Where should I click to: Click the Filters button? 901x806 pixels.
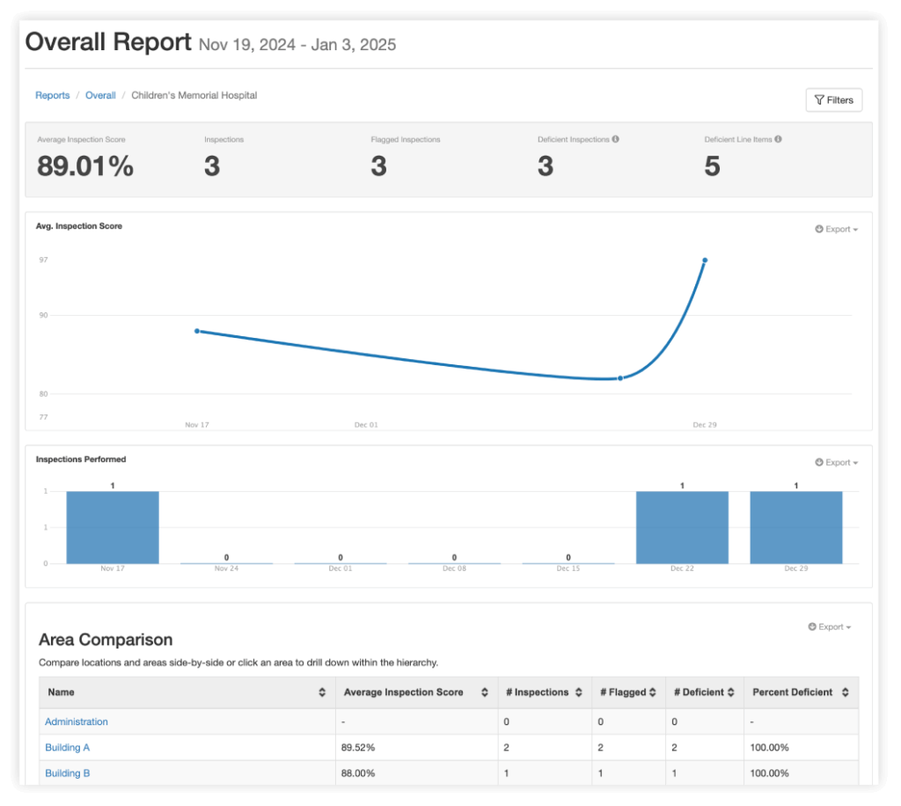coord(833,100)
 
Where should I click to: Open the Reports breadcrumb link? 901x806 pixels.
coord(52,95)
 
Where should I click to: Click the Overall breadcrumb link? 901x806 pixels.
coord(100,95)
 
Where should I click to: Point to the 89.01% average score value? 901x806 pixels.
coord(85,165)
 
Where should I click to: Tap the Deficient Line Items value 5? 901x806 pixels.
coord(712,165)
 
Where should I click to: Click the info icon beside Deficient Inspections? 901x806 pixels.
coord(615,139)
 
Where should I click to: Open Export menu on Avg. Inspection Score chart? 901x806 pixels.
coord(836,229)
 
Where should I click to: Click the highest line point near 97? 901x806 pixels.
coord(705,260)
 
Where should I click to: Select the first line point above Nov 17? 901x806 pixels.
coord(196,331)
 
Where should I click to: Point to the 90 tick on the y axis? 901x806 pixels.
coord(42,315)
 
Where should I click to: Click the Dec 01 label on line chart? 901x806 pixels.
coord(366,425)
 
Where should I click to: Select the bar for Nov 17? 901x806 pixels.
coord(113,527)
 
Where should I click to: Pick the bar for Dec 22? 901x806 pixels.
coord(682,527)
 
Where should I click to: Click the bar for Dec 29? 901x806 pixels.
coord(795,527)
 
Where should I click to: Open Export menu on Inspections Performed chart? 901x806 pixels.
coord(836,462)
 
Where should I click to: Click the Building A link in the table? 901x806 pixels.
coord(68,747)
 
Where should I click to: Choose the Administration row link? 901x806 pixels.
coord(77,722)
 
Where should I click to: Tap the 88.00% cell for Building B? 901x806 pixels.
coord(357,773)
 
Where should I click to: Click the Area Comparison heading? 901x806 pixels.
coord(106,640)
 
